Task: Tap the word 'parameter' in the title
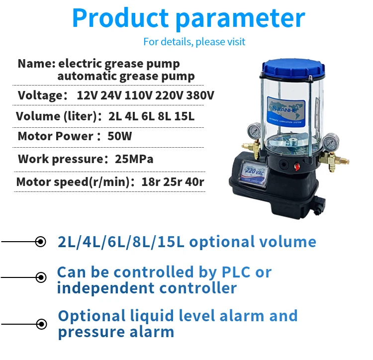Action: coord(240,19)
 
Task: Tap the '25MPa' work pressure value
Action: coord(134,159)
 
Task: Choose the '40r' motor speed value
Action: coord(194,182)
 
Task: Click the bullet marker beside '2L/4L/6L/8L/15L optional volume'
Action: coord(41,242)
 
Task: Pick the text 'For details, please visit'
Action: coord(194,42)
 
